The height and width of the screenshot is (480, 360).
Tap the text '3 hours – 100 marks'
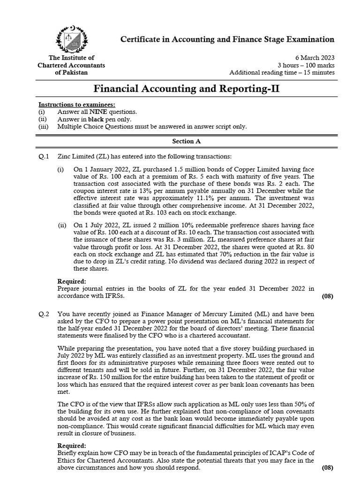click(306, 65)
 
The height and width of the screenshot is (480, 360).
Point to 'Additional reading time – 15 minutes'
click(282, 73)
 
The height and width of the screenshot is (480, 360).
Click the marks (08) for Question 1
click(327, 296)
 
